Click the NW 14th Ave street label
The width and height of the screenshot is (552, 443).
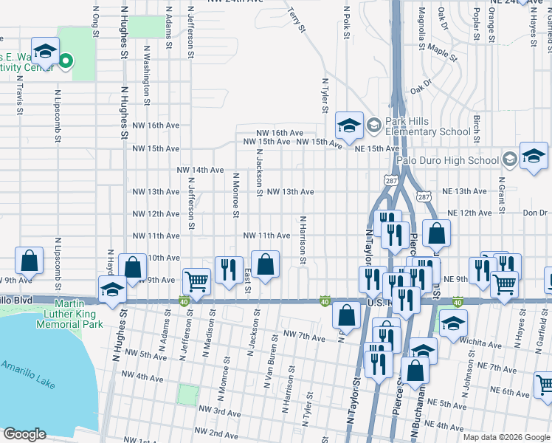[x=200, y=170]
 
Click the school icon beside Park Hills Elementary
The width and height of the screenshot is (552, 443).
[x=349, y=125]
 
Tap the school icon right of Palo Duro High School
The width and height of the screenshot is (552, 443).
[x=534, y=156]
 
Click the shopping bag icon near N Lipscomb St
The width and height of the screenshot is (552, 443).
[x=29, y=259]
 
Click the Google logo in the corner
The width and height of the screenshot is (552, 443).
[x=24, y=434]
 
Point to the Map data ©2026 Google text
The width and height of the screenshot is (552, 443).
[x=506, y=437]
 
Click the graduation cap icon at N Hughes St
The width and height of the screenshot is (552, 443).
[x=113, y=288]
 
